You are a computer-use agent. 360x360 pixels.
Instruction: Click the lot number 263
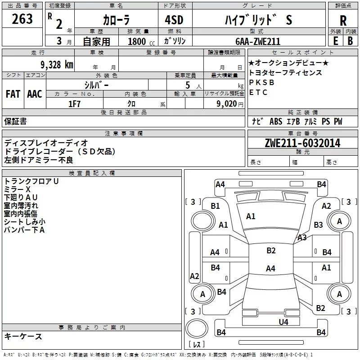pyautogui.click(x=22, y=19)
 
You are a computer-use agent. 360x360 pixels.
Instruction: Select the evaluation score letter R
pyautogui.click(x=343, y=20)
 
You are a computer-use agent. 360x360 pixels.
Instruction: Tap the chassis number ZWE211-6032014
pyautogui.click(x=302, y=144)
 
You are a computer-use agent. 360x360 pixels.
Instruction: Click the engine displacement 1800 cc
pyautogui.click(x=138, y=41)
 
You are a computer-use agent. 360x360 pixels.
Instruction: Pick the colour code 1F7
pyautogui.click(x=74, y=103)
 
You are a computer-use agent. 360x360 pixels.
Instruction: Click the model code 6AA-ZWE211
pyautogui.click(x=258, y=41)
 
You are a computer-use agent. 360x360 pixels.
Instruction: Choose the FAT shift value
pyautogui.click(x=13, y=94)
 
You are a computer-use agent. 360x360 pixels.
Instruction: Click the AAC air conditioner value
pyautogui.click(x=35, y=94)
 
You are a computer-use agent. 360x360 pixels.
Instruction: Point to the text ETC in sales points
pyautogui.click(x=258, y=92)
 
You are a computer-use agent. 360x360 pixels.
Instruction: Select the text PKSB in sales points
pyautogui.click(x=261, y=82)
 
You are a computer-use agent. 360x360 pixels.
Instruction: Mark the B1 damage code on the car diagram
pyautogui.click(x=216, y=206)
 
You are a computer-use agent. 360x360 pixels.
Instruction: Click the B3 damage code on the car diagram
pyautogui.click(x=319, y=225)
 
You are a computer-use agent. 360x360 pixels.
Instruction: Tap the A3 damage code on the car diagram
pyautogui.click(x=302, y=238)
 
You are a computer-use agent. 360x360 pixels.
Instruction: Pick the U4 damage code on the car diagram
pyautogui.click(x=283, y=322)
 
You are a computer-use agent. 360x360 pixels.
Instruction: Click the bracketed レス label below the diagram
pyautogui.click(x=196, y=345)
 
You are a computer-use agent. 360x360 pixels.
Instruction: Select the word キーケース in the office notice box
pyautogui.click(x=23, y=336)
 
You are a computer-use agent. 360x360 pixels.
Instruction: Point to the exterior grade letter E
pyautogui.click(x=335, y=40)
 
